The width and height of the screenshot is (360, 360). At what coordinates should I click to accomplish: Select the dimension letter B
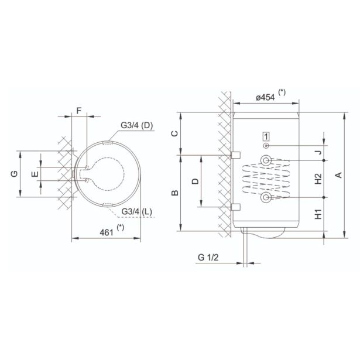click(x=174, y=193)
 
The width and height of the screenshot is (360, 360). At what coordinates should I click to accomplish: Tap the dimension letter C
click(x=174, y=133)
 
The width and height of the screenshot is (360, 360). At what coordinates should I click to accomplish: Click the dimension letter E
click(x=35, y=174)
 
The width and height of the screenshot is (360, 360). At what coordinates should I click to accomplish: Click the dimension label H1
click(x=318, y=214)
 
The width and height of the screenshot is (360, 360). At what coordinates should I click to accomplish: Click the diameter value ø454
click(x=266, y=97)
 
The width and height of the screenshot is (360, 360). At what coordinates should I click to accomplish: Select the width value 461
click(x=105, y=232)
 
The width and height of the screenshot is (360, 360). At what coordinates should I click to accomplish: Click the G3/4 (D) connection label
click(x=137, y=126)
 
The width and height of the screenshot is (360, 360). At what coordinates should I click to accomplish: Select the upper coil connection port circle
click(x=266, y=160)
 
